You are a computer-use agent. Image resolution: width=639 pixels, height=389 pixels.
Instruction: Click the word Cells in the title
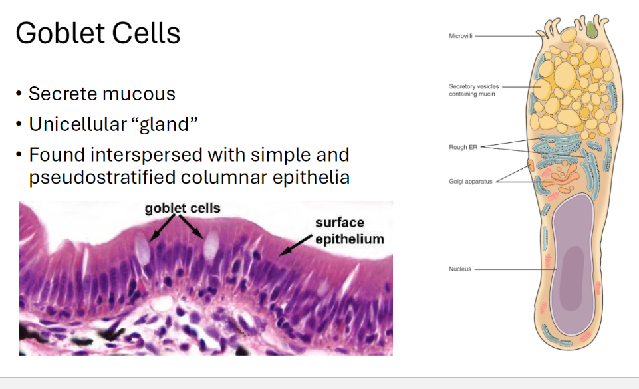(x=146, y=33)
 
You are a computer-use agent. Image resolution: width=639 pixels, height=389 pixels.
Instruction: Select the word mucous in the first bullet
(x=138, y=94)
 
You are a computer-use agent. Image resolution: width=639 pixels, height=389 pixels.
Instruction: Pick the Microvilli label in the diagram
(x=461, y=36)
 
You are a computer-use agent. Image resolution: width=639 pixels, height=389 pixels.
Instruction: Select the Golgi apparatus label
(x=470, y=182)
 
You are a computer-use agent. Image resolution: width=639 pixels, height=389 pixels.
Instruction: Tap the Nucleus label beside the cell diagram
(x=460, y=269)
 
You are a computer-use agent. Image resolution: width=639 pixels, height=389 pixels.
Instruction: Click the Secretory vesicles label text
(x=473, y=90)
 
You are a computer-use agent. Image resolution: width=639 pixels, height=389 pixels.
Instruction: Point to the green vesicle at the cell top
(x=592, y=29)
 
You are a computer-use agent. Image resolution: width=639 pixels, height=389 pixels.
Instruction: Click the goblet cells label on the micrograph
(x=183, y=209)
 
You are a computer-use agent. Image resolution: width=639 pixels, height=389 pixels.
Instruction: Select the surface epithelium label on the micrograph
(x=350, y=231)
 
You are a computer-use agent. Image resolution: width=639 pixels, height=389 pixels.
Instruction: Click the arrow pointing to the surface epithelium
(x=295, y=245)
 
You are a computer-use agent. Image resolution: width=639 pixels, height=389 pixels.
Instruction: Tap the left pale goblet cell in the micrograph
(x=142, y=249)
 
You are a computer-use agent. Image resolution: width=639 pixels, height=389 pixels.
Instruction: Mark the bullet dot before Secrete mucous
(x=19, y=94)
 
